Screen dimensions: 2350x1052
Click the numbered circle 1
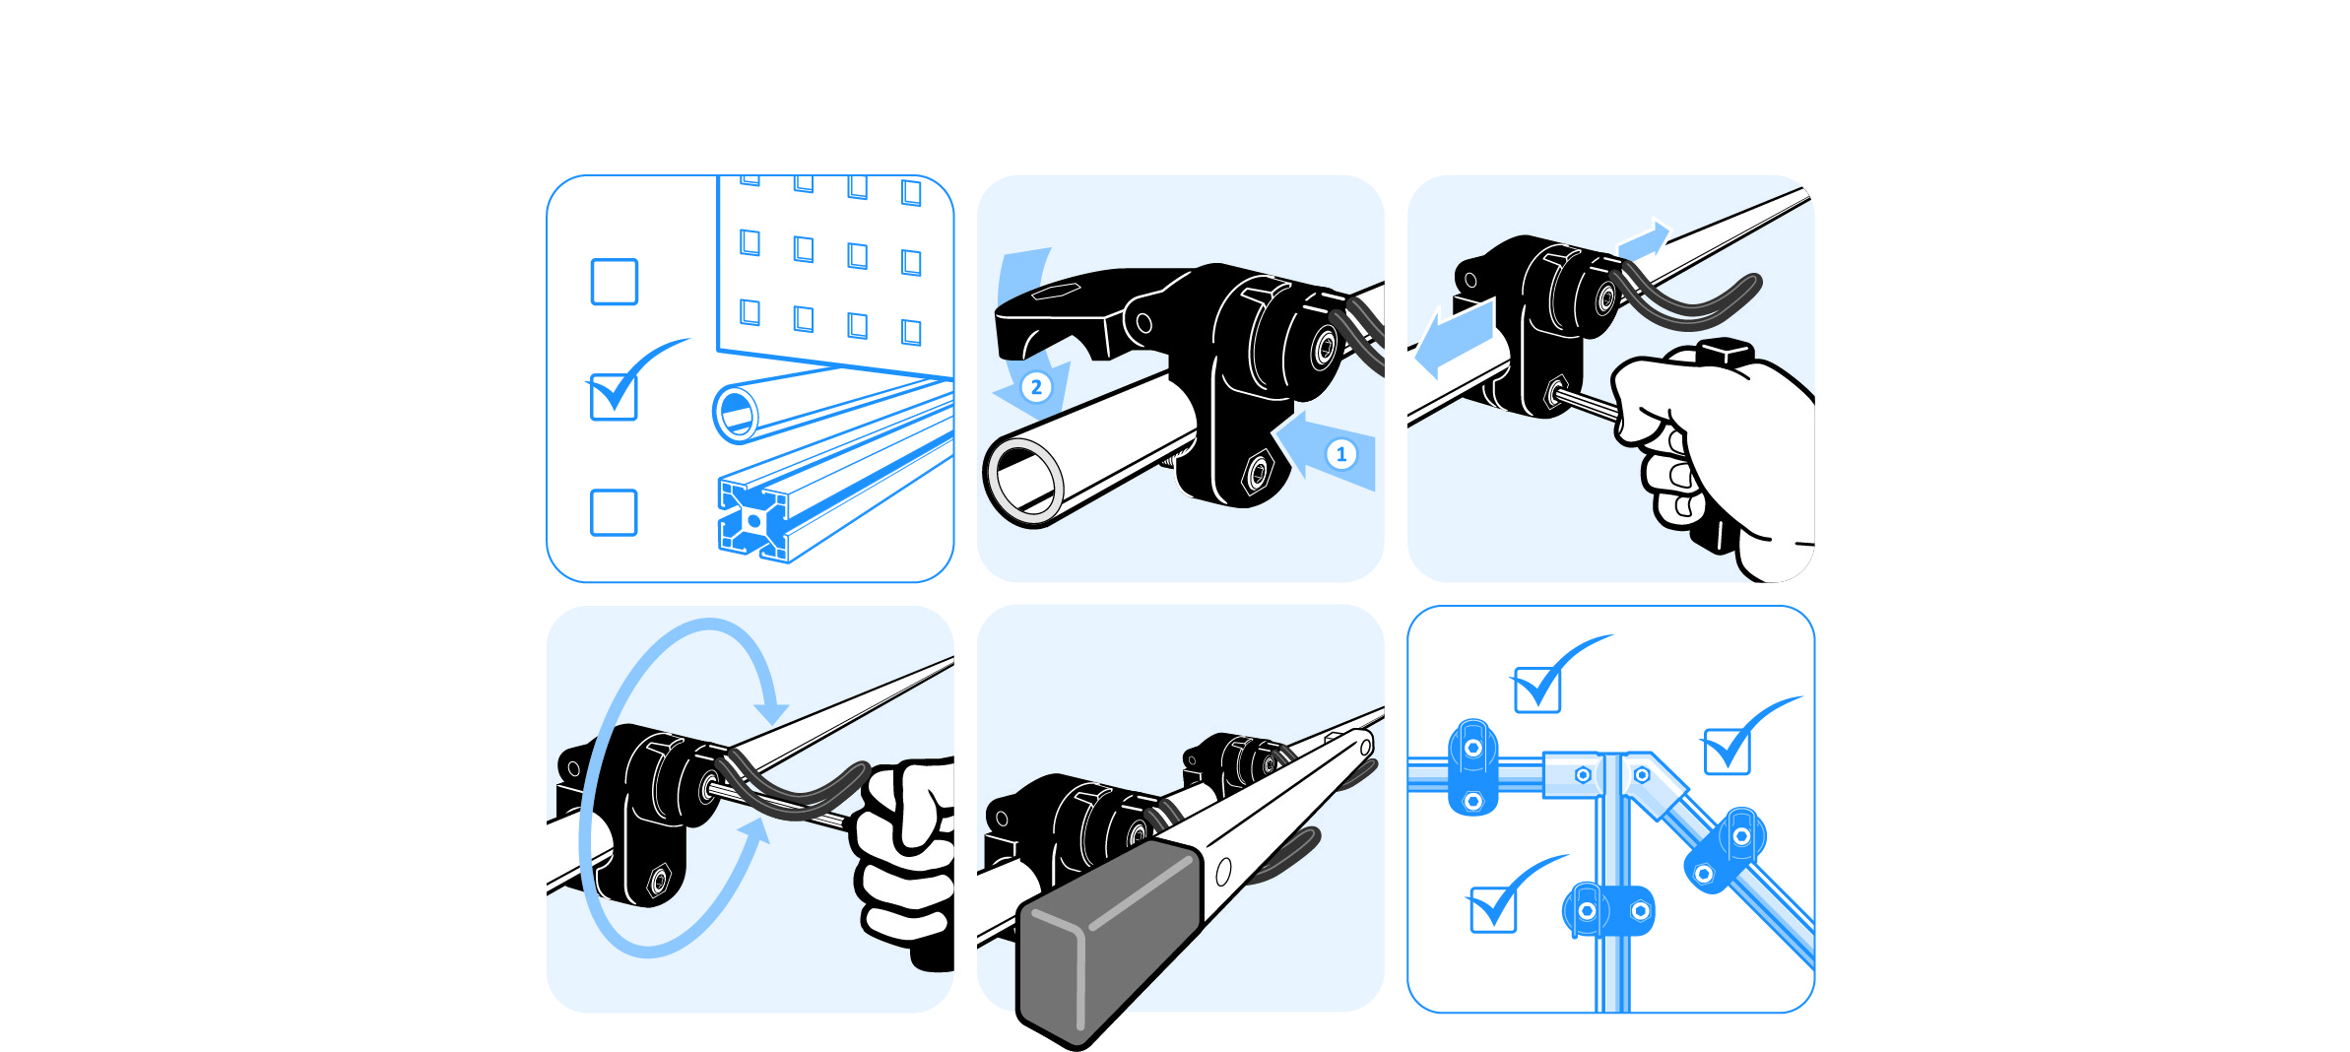[x=1340, y=454]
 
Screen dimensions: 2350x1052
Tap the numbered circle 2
[x=1036, y=387]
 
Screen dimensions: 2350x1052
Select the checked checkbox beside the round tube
[x=614, y=397]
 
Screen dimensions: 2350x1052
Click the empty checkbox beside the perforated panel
[x=614, y=282]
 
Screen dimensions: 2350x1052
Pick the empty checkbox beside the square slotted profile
[x=614, y=512]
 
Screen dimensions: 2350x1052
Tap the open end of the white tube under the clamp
[x=1024, y=484]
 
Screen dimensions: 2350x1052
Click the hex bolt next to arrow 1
[x=1258, y=472]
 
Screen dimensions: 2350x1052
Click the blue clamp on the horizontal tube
[x=1473, y=766]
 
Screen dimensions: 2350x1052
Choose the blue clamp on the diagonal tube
[x=1725, y=850]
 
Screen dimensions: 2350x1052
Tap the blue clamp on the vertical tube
[x=1608, y=910]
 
